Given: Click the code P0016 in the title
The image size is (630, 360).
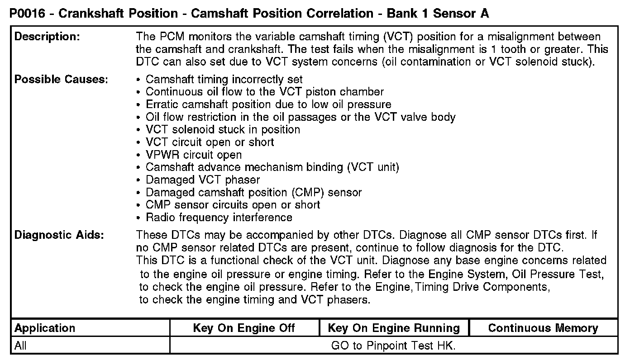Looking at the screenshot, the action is (x=27, y=14).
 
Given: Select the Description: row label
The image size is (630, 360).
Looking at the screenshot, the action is (x=48, y=37).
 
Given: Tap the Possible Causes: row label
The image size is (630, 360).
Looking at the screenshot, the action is (x=61, y=80).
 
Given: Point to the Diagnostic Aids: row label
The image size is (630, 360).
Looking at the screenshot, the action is (x=59, y=235).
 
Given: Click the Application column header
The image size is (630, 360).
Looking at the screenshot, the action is (x=45, y=328).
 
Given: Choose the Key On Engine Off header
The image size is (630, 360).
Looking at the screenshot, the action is (x=243, y=328).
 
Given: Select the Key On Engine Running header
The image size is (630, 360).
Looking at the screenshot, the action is (x=393, y=328).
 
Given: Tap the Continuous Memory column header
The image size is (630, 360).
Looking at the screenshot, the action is (x=543, y=328).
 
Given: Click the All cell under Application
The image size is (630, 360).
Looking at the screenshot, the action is (x=20, y=346).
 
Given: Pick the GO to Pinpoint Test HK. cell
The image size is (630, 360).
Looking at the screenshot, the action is (x=393, y=346).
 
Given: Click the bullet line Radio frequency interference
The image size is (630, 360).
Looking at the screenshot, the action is (x=219, y=218).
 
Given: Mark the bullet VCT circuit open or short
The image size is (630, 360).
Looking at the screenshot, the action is (x=210, y=142).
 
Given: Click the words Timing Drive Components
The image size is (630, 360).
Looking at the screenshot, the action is (x=482, y=287).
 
